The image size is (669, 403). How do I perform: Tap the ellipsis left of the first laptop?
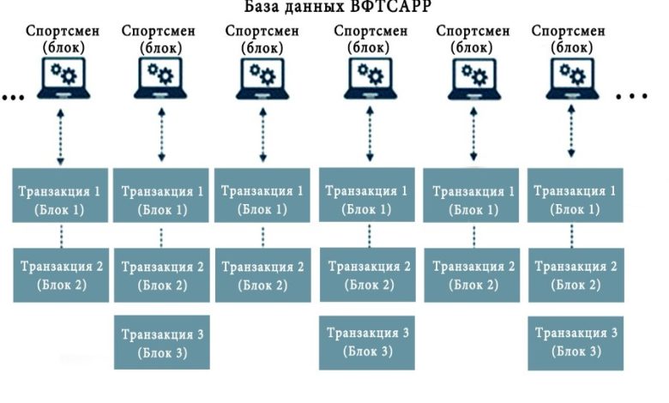point(13,97)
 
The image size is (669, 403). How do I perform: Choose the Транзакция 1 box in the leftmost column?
point(61,199)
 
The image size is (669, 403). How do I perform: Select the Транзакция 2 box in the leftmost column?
point(61,274)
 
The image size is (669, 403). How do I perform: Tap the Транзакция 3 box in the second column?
point(161,342)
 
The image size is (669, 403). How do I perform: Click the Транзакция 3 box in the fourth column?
point(368,342)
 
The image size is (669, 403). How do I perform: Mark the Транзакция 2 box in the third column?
point(262,274)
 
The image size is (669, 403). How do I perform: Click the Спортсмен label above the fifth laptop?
point(473,32)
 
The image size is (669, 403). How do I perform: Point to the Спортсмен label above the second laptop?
point(158,32)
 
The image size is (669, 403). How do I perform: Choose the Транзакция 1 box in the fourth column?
point(368,199)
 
